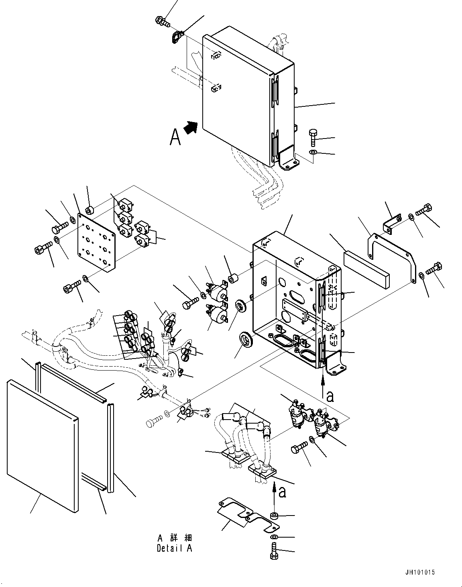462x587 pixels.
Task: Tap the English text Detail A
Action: coord(175,548)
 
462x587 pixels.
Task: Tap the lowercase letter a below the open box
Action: coord(330,397)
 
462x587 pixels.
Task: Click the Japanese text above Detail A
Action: coord(175,538)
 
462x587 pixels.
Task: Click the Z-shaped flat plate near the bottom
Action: coord(248,515)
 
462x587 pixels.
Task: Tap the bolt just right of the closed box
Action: coord(313,138)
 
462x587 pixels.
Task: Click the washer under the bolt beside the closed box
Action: coord(313,152)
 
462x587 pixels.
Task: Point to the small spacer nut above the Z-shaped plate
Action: coord(275,516)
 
